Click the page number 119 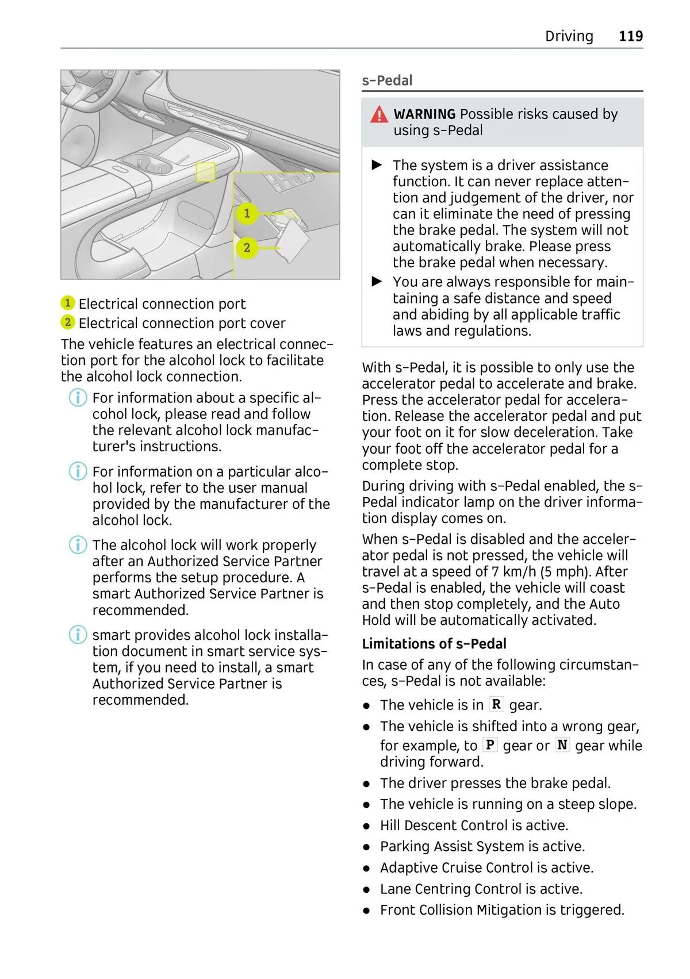[x=630, y=36]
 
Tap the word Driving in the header [x=569, y=36]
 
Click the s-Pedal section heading [x=387, y=80]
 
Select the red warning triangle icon [x=379, y=115]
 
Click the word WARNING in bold [x=424, y=114]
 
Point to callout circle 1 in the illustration [x=247, y=213]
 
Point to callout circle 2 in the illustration [x=247, y=248]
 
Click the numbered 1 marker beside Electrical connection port [x=68, y=303]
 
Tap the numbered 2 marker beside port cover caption [x=68, y=323]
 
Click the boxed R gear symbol [x=496, y=704]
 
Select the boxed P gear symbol [x=489, y=744]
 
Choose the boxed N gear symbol [x=562, y=744]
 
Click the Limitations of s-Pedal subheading [x=434, y=644]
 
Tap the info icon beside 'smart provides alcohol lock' [x=78, y=635]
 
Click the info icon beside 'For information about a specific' [x=78, y=398]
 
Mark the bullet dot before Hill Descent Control [x=366, y=826]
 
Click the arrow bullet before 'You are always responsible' [x=377, y=282]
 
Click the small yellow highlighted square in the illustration [x=205, y=172]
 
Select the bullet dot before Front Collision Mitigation [x=366, y=911]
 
